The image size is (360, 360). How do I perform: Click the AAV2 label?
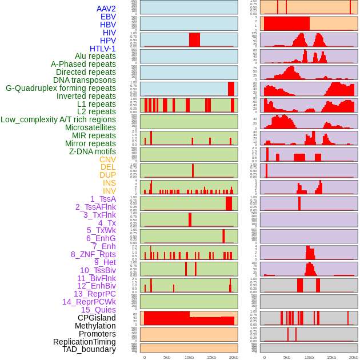click(106, 9)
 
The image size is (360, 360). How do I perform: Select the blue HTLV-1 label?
click(102, 49)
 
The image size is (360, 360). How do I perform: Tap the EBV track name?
click(108, 17)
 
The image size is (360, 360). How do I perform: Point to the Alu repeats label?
click(95, 57)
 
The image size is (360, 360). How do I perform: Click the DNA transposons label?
click(85, 81)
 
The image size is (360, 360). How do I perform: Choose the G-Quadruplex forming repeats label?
click(61, 89)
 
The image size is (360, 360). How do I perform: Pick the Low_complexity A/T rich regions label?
click(58, 120)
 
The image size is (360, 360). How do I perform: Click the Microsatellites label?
click(90, 128)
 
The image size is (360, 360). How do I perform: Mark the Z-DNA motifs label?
click(93, 151)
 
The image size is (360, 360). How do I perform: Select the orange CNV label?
click(107, 159)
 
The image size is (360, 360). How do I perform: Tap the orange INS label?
click(109, 183)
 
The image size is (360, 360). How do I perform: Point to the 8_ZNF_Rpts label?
click(93, 254)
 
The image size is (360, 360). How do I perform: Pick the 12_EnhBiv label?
click(96, 286)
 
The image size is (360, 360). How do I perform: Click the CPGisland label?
click(97, 318)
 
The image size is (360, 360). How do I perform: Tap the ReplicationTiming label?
click(84, 342)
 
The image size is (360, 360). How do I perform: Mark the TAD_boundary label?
click(89, 349)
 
